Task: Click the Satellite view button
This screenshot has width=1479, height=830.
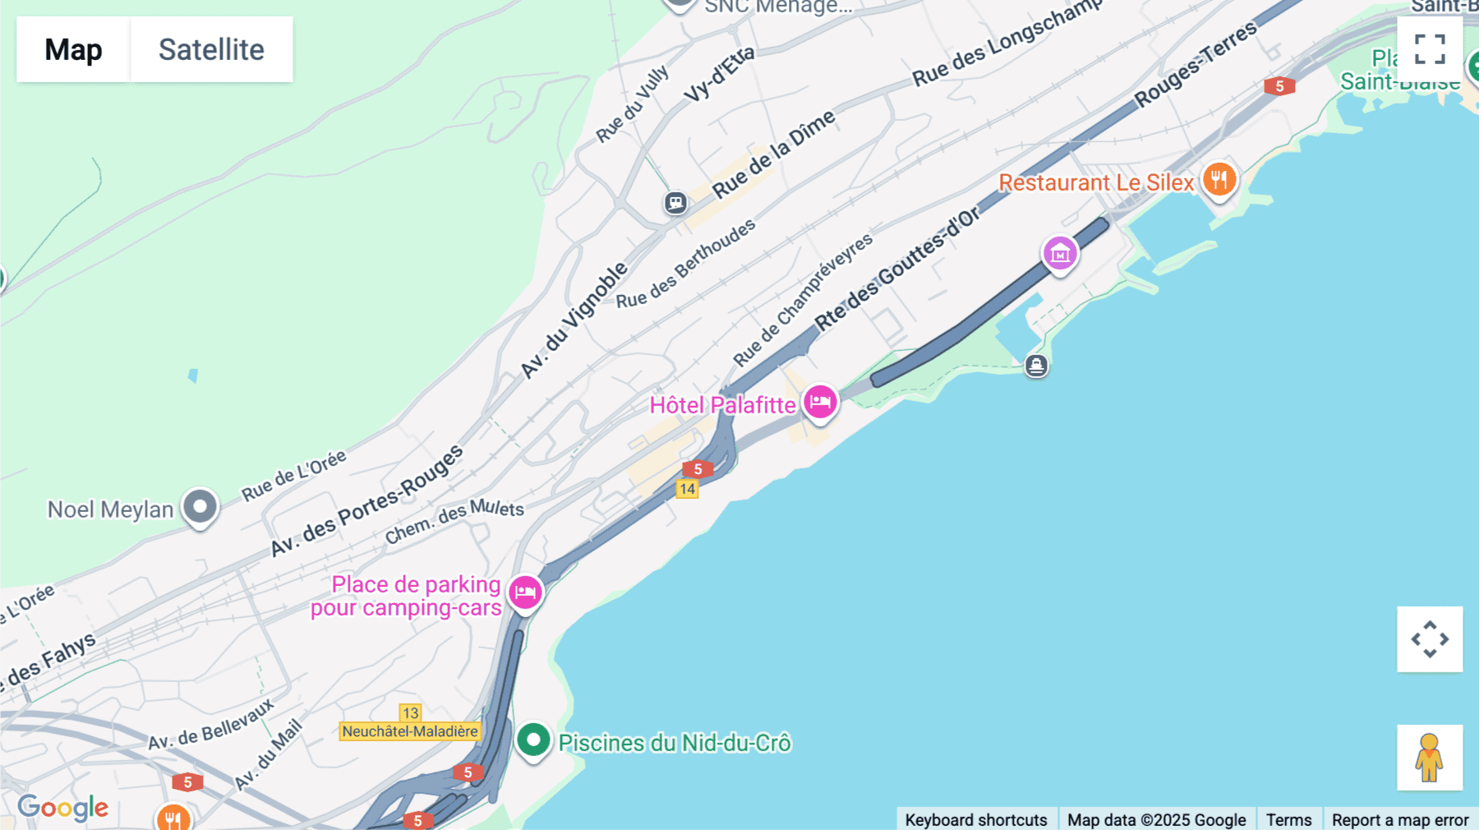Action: click(211, 49)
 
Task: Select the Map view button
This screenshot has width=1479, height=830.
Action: click(73, 49)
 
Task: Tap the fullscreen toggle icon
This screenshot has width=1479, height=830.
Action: click(1430, 48)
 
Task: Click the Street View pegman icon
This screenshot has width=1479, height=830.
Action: click(1429, 757)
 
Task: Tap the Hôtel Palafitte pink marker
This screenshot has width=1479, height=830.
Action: click(820, 403)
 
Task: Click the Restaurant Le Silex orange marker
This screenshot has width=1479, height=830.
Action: click(1219, 179)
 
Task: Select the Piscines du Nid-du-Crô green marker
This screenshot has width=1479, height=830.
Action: click(533, 740)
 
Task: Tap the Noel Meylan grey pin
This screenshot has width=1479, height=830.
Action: click(200, 506)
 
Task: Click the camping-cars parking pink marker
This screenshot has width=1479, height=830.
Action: click(525, 592)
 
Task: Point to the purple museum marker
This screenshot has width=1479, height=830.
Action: click(1060, 254)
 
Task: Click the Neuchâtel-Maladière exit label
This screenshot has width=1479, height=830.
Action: click(409, 731)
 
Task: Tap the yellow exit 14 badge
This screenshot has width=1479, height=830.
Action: click(687, 490)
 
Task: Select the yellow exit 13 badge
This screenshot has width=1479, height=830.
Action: click(410, 712)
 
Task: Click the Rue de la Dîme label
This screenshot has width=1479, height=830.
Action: click(773, 154)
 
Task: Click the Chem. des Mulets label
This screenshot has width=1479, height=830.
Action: click(454, 521)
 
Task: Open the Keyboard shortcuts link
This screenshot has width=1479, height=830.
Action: click(975, 819)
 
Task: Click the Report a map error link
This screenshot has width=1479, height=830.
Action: click(1399, 819)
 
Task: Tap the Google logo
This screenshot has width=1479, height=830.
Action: click(63, 808)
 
